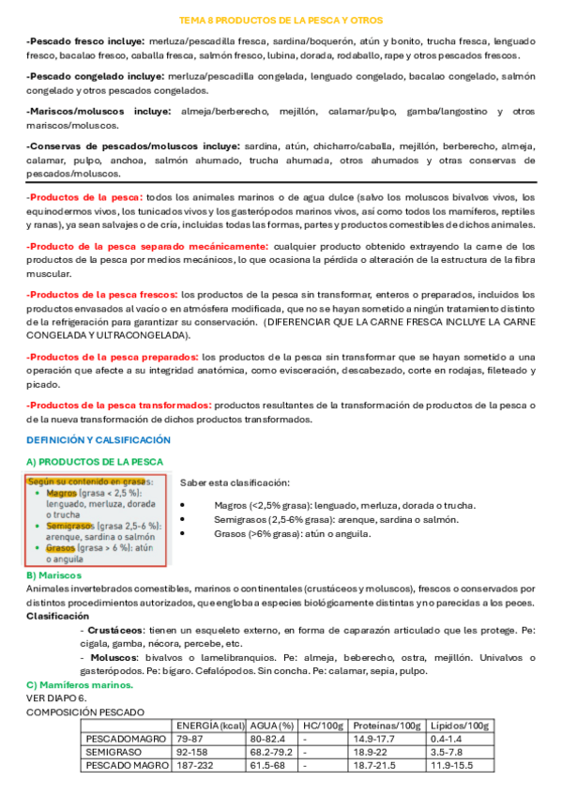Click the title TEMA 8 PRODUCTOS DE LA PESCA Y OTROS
(281, 19)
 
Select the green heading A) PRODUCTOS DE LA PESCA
(94, 462)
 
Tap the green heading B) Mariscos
(53, 574)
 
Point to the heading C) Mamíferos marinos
(74, 686)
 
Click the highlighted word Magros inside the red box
(61, 493)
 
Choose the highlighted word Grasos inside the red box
(60, 548)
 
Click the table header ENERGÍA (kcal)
(210, 727)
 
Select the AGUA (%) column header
(271, 727)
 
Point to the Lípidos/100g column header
(459, 727)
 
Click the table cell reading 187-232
(196, 766)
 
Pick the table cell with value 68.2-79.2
(273, 753)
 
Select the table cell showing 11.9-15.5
(452, 766)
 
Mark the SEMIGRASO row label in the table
(111, 753)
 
